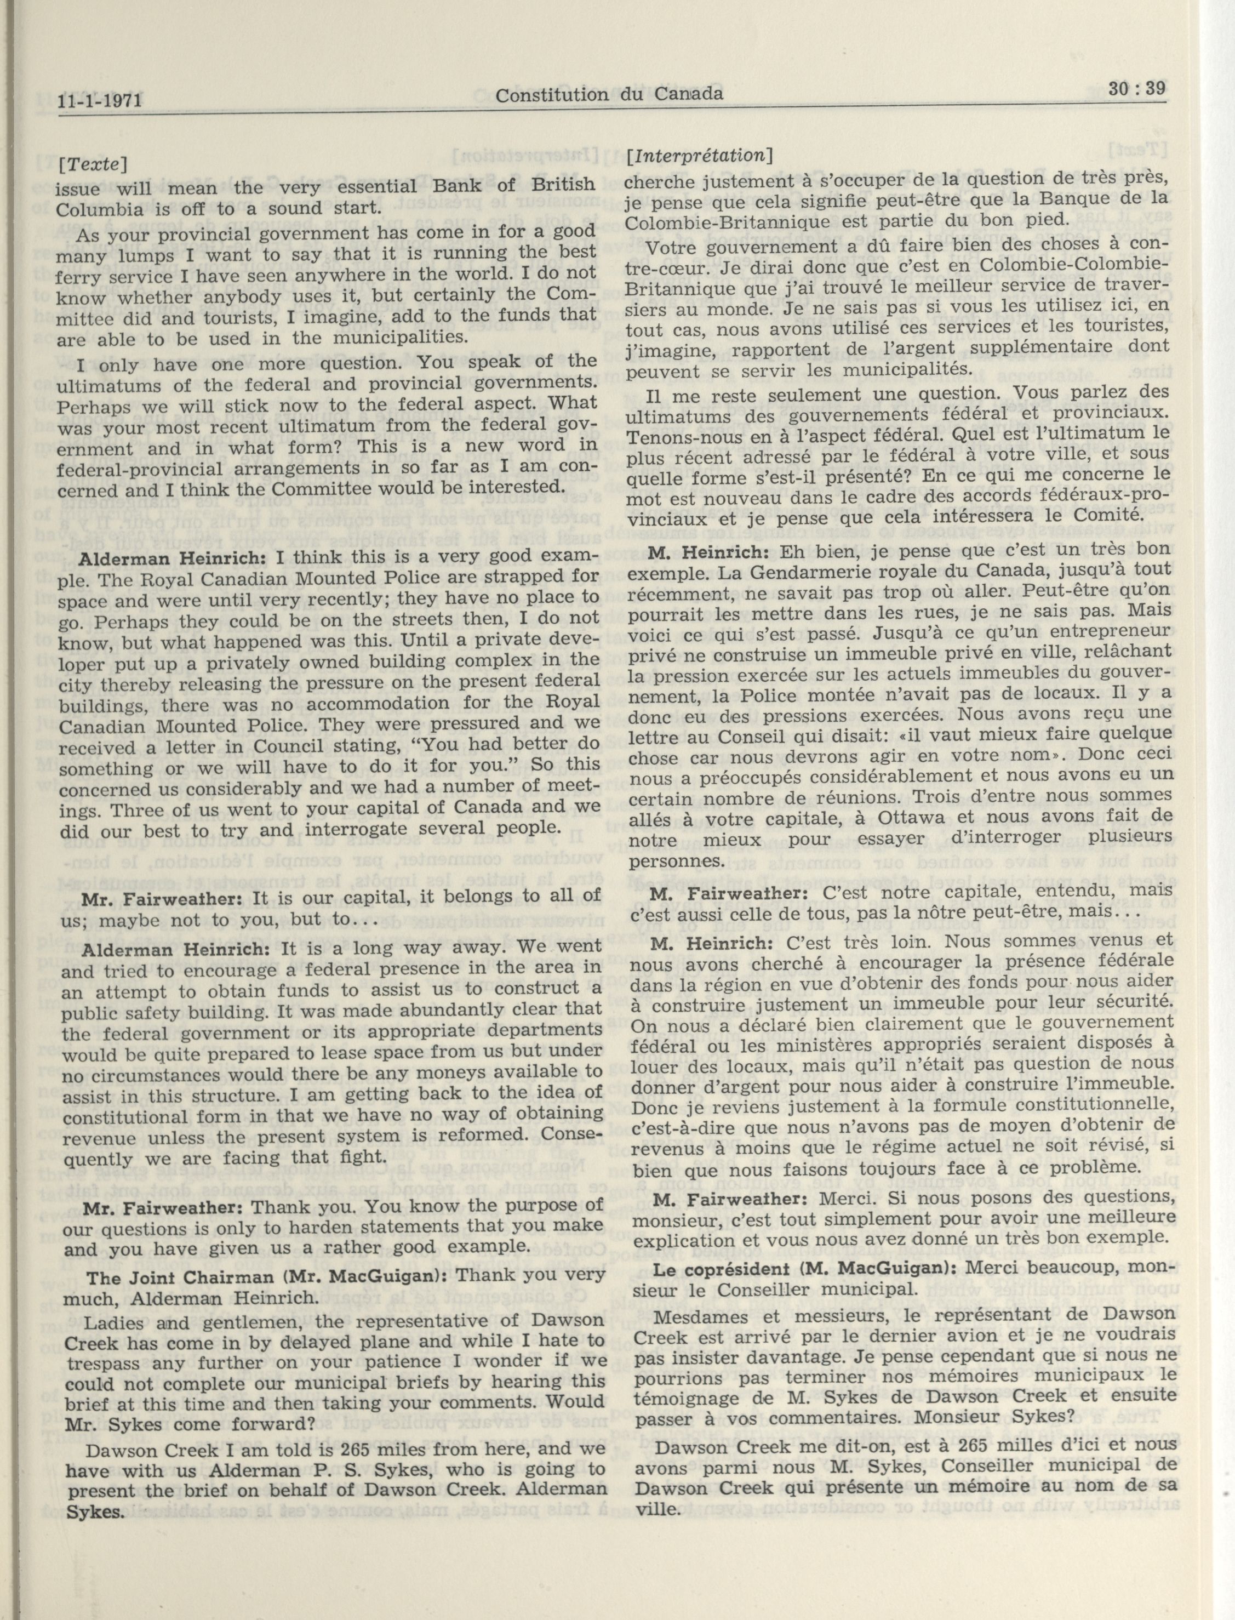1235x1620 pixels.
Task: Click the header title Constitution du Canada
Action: coord(609,94)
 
